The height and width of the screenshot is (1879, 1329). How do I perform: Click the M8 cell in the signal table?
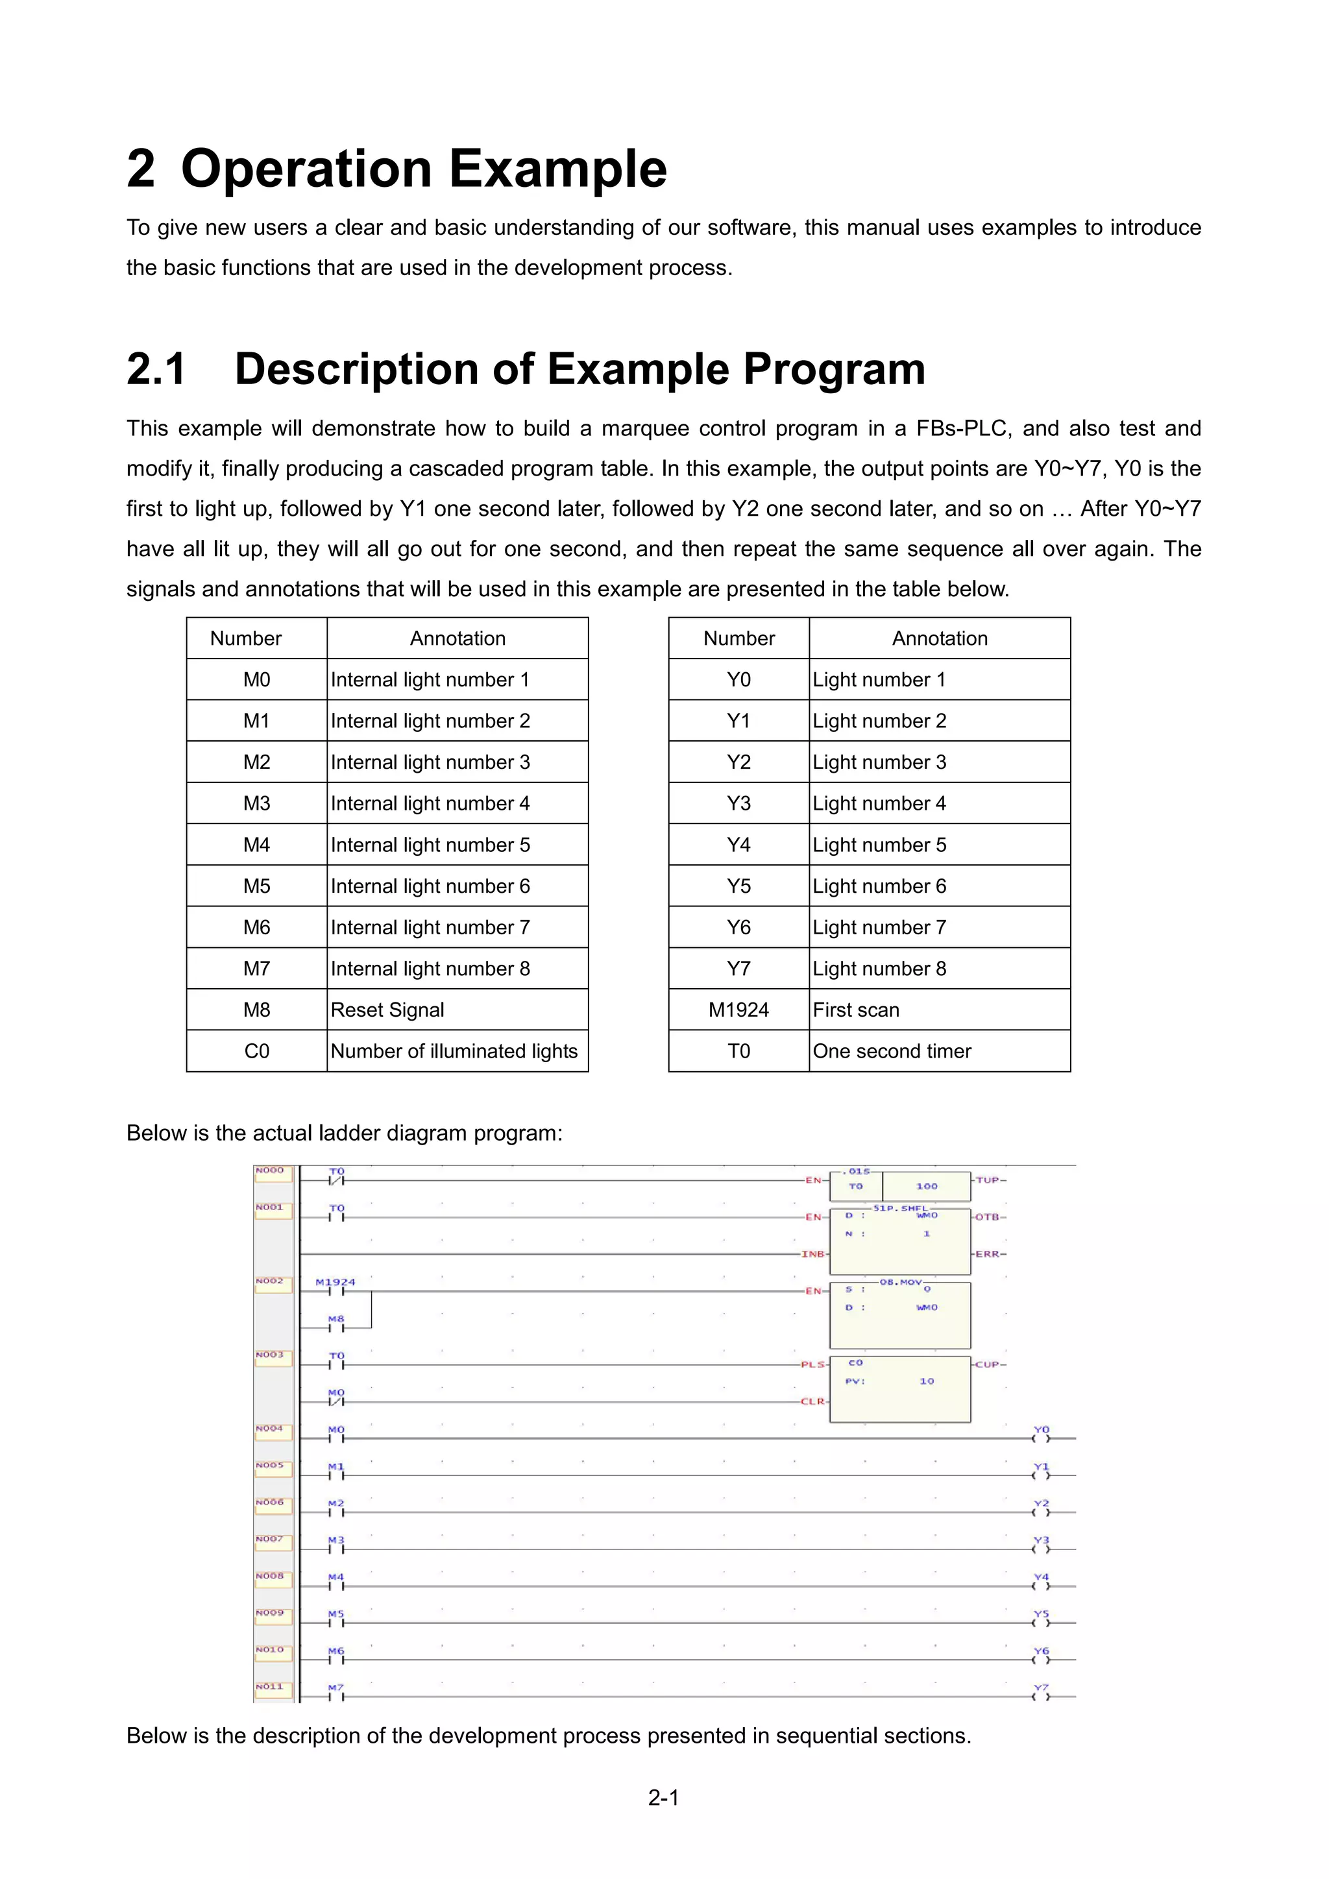(x=256, y=1009)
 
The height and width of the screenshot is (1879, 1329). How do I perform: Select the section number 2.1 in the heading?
(x=156, y=369)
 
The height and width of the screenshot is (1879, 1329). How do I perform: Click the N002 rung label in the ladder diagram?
(x=269, y=1281)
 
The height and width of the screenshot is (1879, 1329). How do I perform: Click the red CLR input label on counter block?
(x=812, y=1401)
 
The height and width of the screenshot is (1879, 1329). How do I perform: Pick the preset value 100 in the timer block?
(x=927, y=1186)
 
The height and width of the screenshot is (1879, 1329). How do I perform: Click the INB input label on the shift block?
(x=812, y=1254)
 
